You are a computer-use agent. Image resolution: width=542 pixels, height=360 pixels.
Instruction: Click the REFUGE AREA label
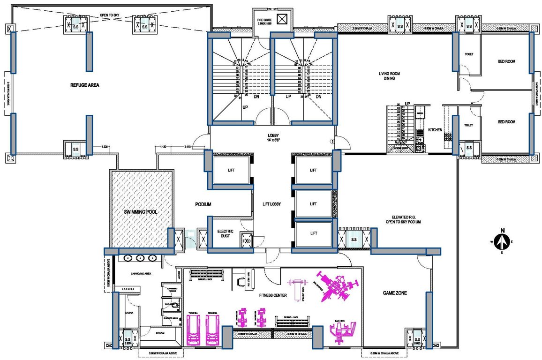[x=84, y=85]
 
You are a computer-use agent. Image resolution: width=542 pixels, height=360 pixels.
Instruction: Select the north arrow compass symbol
[x=502, y=240]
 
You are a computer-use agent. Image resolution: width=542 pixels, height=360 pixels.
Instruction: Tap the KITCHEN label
[x=435, y=130]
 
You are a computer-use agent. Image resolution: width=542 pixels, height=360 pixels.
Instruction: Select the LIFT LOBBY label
[x=271, y=204]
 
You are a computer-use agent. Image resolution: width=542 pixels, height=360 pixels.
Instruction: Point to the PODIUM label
[x=203, y=205]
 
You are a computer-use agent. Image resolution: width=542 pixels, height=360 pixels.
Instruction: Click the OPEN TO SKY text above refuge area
[x=110, y=15]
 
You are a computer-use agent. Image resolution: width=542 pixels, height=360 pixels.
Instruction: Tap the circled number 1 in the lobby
[x=332, y=141]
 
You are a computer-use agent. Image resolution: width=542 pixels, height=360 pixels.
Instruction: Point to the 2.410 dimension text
[x=187, y=147]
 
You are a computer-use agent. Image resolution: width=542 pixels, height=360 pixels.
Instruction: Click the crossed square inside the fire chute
[x=281, y=19]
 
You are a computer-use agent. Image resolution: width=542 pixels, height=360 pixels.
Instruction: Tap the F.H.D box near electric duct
[x=247, y=241]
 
